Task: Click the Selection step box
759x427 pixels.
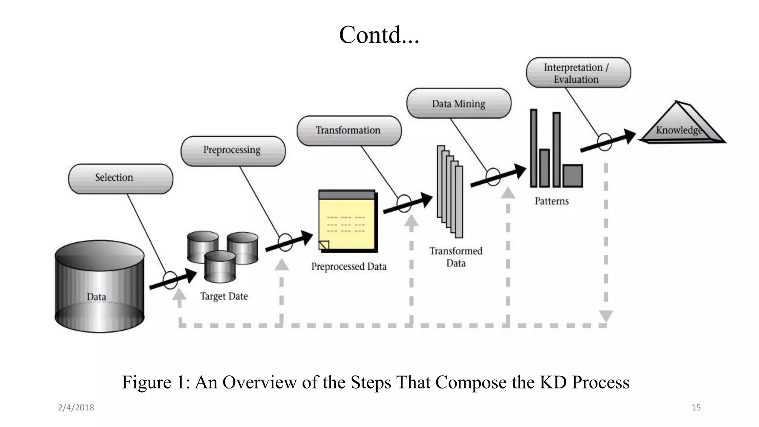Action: (120, 179)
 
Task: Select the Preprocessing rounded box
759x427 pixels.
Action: (233, 151)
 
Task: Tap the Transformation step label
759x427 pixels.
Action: (349, 130)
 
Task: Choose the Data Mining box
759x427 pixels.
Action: (459, 103)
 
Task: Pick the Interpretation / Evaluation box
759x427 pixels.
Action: (578, 73)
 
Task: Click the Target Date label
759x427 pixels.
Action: (224, 296)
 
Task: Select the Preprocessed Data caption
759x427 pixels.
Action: (349, 267)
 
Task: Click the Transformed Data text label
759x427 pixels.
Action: (456, 257)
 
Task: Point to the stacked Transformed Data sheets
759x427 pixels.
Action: (450, 191)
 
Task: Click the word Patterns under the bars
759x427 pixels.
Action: (551, 201)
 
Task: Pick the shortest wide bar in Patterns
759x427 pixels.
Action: (573, 176)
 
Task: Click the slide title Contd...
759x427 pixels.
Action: (379, 35)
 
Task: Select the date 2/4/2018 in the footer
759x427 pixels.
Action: (76, 407)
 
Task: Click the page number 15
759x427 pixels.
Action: (696, 407)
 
